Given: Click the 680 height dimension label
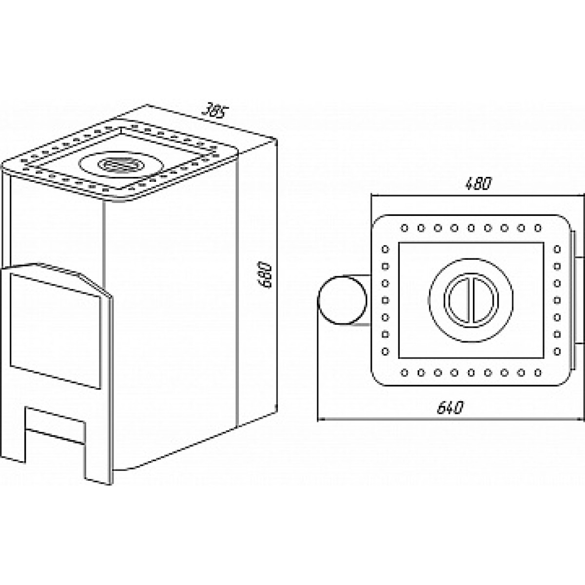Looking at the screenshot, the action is click(265, 275).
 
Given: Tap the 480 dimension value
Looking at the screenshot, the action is click(478, 184).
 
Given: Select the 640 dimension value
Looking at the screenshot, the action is click(450, 408).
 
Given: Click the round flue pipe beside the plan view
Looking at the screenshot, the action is click(342, 300).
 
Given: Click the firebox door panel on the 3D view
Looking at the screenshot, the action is click(55, 331).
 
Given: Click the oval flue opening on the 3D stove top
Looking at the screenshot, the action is click(121, 165).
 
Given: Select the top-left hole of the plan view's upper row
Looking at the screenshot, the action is click(404, 228).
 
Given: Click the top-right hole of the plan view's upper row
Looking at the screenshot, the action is click(538, 228).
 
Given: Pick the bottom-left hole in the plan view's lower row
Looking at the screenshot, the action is click(404, 372).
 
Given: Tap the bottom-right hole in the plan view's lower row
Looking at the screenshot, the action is click(538, 372).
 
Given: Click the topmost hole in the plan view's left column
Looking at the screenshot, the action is click(385, 249).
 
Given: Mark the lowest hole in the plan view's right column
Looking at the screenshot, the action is click(557, 351).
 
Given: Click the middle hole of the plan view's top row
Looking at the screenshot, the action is click(471, 228).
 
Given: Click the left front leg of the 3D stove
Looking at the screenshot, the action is click(13, 455).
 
